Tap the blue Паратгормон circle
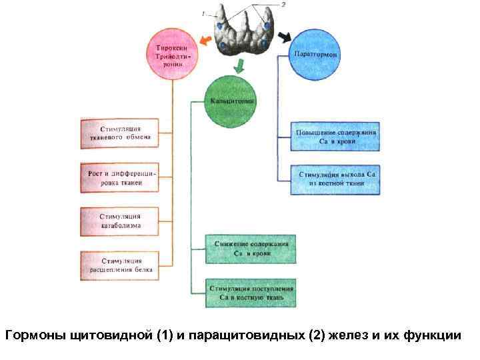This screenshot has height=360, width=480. [315, 53]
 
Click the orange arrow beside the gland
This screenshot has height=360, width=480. [205, 42]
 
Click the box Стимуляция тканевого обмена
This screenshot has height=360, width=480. [120, 134]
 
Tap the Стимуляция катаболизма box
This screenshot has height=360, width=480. [120, 222]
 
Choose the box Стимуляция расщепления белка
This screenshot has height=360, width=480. [120, 265]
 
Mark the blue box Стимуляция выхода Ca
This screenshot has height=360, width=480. [335, 179]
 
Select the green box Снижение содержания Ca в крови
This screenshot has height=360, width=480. [251, 249]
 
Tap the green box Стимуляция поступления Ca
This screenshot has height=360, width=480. [251, 293]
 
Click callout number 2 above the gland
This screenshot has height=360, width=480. [283, 5]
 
